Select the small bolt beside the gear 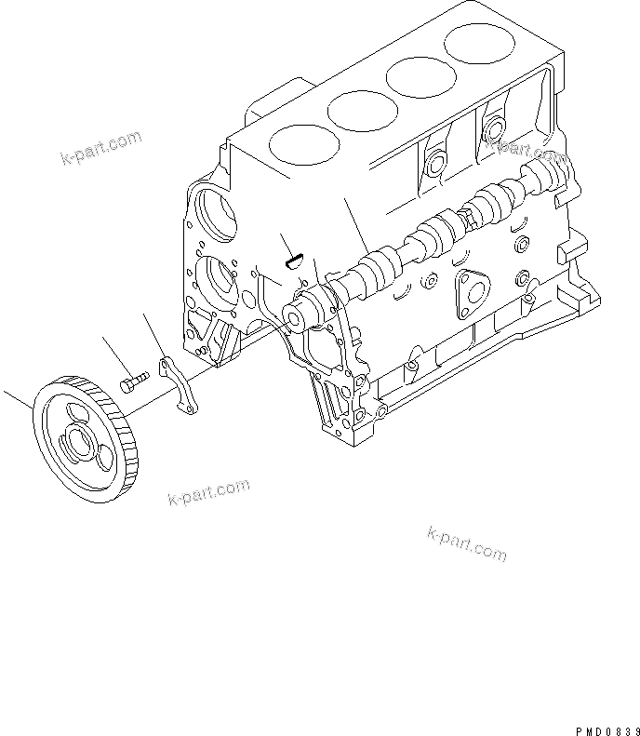click(135, 381)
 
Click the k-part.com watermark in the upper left click(102, 149)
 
